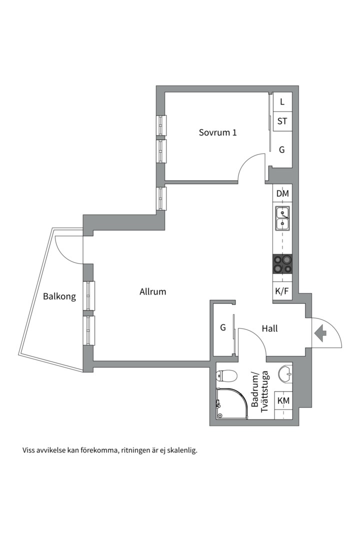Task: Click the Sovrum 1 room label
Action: coord(217,132)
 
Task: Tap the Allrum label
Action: coord(152,291)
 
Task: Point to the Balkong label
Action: coord(59,296)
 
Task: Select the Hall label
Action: coord(269,328)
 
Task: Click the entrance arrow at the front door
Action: coord(320,333)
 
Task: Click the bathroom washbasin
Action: coord(285,374)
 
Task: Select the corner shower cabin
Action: coord(231,403)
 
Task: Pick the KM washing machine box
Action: coord(283,400)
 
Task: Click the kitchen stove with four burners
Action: coord(282,264)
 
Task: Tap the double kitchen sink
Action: coord(282,219)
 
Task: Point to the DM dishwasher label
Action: coord(282,193)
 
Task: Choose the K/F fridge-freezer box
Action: coord(282,292)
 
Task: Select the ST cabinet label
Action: coord(282,121)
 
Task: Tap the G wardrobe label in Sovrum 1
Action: coord(282,150)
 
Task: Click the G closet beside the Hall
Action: coord(223,327)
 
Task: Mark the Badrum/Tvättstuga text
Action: coord(260,391)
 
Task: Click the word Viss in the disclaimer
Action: coord(28,450)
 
